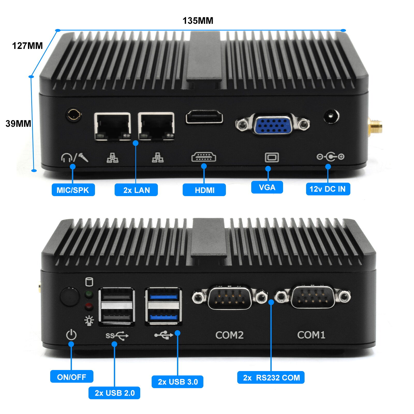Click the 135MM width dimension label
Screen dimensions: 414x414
coord(198,21)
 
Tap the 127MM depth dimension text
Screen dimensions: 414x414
coord(27,46)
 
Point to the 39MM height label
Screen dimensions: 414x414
coord(18,124)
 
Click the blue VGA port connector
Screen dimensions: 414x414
coord(272,125)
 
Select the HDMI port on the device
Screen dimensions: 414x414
coord(204,117)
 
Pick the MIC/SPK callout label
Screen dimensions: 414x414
coord(73,190)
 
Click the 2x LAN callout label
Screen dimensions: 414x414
coord(136,190)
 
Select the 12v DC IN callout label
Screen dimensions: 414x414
coord(328,189)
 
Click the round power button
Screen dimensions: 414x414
coord(69,297)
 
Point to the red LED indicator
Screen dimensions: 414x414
coord(89,307)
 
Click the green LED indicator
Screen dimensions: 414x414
coord(89,294)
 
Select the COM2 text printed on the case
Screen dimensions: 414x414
coord(229,335)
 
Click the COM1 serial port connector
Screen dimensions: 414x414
coord(313,297)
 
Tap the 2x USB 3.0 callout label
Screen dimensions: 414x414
coord(178,382)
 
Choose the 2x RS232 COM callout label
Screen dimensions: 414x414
coord(271,378)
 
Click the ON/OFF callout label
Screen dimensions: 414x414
coord(72,377)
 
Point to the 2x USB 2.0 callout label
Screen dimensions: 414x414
coord(114,393)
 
